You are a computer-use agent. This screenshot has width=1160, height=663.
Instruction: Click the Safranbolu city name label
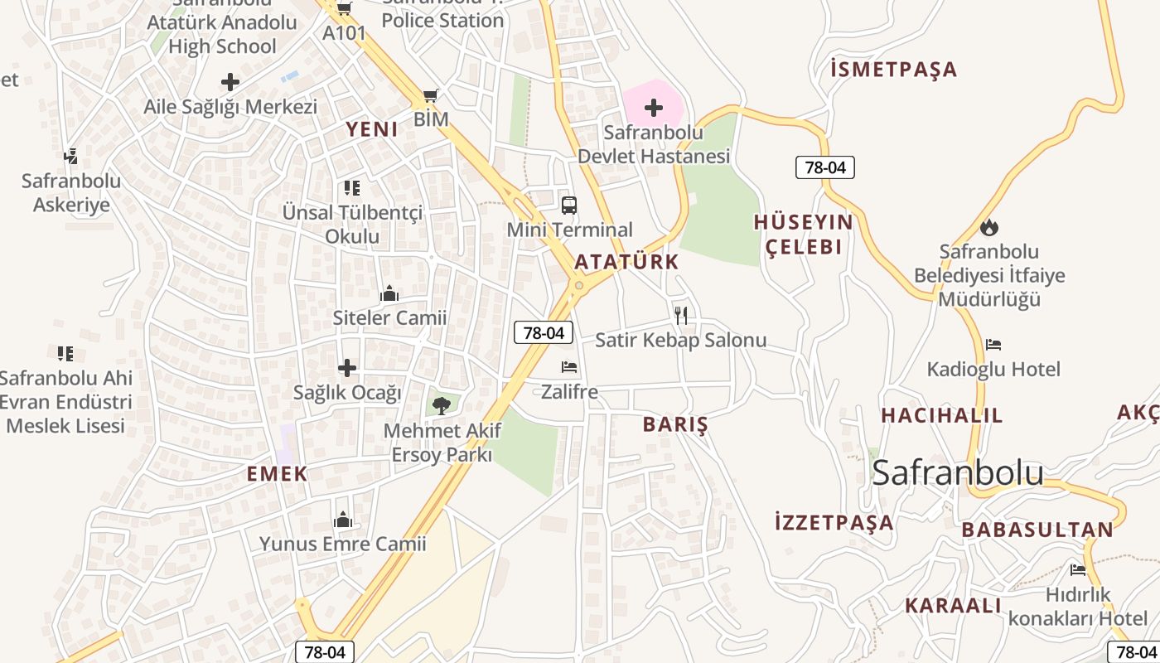(x=958, y=472)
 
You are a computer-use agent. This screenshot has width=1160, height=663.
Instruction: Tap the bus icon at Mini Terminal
(x=569, y=206)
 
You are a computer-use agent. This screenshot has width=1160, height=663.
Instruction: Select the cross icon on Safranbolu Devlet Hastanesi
(x=654, y=107)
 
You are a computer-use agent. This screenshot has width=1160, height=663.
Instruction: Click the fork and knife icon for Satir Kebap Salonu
(x=681, y=315)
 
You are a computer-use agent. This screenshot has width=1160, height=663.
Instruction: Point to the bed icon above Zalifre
(x=569, y=367)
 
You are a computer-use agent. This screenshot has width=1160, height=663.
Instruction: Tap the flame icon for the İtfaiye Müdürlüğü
(x=989, y=227)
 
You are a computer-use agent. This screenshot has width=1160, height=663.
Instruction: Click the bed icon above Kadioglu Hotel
(x=993, y=345)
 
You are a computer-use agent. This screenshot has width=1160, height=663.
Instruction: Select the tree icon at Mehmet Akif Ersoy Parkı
(x=442, y=405)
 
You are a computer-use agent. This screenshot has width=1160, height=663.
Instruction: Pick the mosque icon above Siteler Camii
(x=389, y=293)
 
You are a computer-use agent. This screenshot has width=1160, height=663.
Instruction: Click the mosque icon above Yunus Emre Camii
(x=343, y=520)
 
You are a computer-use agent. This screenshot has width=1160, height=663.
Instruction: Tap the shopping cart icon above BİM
(x=430, y=96)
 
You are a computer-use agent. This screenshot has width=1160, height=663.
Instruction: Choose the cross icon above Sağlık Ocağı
(x=347, y=368)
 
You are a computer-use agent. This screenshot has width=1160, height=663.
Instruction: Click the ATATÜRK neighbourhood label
(x=626, y=262)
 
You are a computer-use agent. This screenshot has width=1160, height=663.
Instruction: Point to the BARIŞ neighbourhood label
(x=675, y=425)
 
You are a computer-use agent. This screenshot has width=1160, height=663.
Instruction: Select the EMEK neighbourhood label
(x=277, y=474)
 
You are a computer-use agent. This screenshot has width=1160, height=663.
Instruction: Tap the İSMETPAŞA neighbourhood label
(x=893, y=70)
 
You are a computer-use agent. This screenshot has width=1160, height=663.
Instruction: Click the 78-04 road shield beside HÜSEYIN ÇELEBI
(x=825, y=167)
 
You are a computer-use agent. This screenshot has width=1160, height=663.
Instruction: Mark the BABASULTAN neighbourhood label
(x=1037, y=530)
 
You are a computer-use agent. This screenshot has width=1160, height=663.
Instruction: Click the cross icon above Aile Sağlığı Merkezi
(x=230, y=82)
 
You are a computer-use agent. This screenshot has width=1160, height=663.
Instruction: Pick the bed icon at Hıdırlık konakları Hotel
(x=1078, y=569)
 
